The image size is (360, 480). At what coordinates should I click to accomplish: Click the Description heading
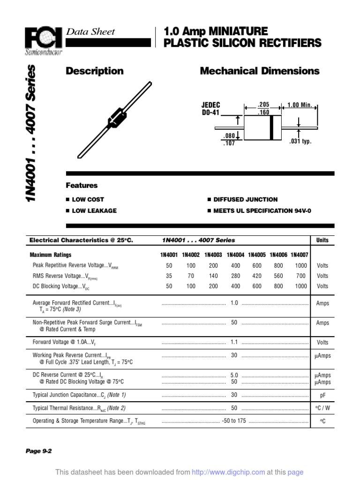(x=95, y=71)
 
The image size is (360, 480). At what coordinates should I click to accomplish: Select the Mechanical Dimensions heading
(x=260, y=71)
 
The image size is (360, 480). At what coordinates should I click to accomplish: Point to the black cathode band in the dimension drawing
(x=271, y=127)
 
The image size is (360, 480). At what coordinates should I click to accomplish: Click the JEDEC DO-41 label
(x=211, y=109)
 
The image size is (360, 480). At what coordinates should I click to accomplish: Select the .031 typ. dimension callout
(x=300, y=141)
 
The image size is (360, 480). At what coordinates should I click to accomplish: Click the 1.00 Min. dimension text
(x=300, y=105)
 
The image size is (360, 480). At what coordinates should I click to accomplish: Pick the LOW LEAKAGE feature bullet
(x=94, y=211)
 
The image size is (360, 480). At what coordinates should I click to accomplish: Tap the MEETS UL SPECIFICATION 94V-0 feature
(x=262, y=211)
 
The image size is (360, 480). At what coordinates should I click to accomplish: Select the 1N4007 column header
(x=300, y=255)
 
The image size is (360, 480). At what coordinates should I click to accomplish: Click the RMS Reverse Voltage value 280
(x=236, y=276)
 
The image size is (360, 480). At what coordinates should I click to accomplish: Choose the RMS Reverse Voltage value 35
(x=169, y=276)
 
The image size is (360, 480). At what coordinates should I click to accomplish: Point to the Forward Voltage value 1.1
(x=234, y=342)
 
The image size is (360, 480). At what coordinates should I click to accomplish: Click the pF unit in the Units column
(x=322, y=395)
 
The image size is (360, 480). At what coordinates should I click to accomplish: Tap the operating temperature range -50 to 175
(x=234, y=421)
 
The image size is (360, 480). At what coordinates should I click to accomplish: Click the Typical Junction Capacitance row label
(x=79, y=395)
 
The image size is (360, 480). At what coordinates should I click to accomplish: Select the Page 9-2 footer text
(x=38, y=451)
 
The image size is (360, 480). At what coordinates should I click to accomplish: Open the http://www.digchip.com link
(x=229, y=472)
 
